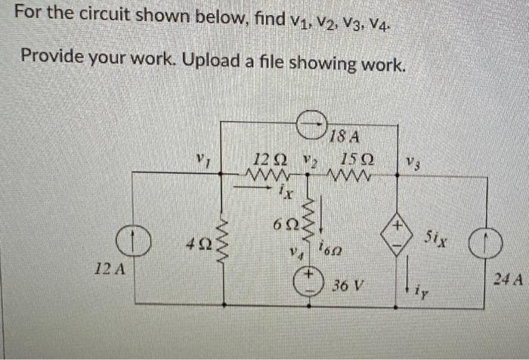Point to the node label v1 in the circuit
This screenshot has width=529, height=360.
click(198, 160)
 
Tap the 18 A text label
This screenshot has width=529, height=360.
click(345, 137)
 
